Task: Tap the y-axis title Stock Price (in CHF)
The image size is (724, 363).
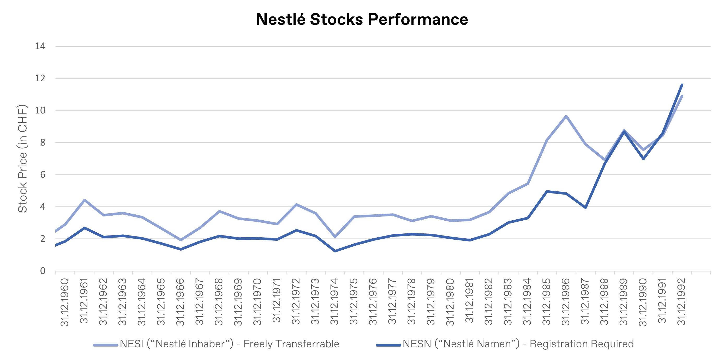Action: (x=22, y=159)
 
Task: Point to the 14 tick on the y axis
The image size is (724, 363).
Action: (x=40, y=46)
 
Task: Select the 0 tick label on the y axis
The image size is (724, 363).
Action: (x=43, y=271)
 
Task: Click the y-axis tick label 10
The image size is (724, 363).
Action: (x=40, y=110)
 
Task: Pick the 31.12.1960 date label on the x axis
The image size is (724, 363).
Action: (x=65, y=302)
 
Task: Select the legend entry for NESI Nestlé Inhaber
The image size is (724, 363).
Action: (x=216, y=344)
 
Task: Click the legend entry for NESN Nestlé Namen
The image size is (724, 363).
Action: (x=505, y=344)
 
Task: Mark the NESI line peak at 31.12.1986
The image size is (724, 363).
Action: (x=566, y=116)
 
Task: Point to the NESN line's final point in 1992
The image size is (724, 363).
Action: (x=682, y=84)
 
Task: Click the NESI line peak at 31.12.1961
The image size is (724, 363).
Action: (x=84, y=200)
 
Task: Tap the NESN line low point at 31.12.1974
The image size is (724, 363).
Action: (x=335, y=251)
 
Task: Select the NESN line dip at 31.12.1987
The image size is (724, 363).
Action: (x=585, y=207)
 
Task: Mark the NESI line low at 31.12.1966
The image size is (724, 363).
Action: (x=181, y=240)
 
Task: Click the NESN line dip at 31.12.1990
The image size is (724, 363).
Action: (x=643, y=159)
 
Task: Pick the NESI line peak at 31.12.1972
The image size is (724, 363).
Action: (x=296, y=204)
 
